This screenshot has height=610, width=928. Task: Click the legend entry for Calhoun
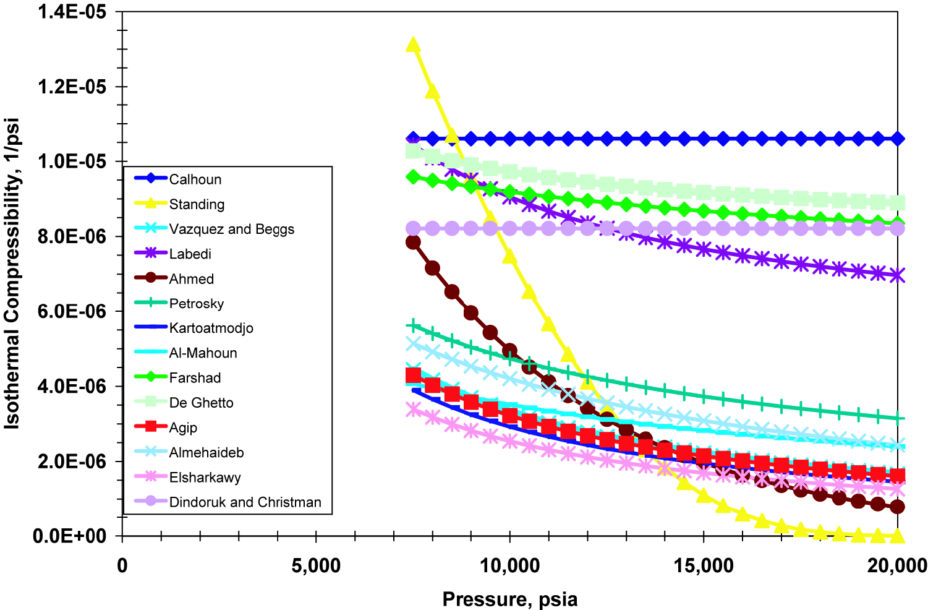tap(195, 179)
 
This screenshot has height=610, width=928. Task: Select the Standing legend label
tap(197, 204)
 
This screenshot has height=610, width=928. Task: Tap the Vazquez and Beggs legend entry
tap(231, 229)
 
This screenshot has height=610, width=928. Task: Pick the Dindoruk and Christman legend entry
tap(245, 502)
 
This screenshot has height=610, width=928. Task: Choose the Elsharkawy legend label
tap(205, 478)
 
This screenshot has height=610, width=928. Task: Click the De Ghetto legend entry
tap(201, 403)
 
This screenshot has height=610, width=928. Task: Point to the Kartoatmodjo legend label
tap(211, 329)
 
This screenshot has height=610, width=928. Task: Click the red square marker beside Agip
tap(151, 427)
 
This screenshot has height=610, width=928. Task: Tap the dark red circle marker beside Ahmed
tap(151, 278)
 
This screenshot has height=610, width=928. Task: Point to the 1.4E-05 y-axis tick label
tap(72, 12)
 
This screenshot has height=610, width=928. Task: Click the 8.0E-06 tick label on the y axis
tap(72, 236)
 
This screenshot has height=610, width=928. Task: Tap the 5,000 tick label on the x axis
tap(316, 565)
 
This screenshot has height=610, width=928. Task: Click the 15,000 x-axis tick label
tap(704, 565)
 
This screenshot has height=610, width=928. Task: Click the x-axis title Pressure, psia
tap(510, 599)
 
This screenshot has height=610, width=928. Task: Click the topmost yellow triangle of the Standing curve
tap(413, 45)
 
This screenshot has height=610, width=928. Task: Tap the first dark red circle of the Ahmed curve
tap(413, 242)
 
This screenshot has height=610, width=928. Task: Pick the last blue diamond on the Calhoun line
tap(897, 139)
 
